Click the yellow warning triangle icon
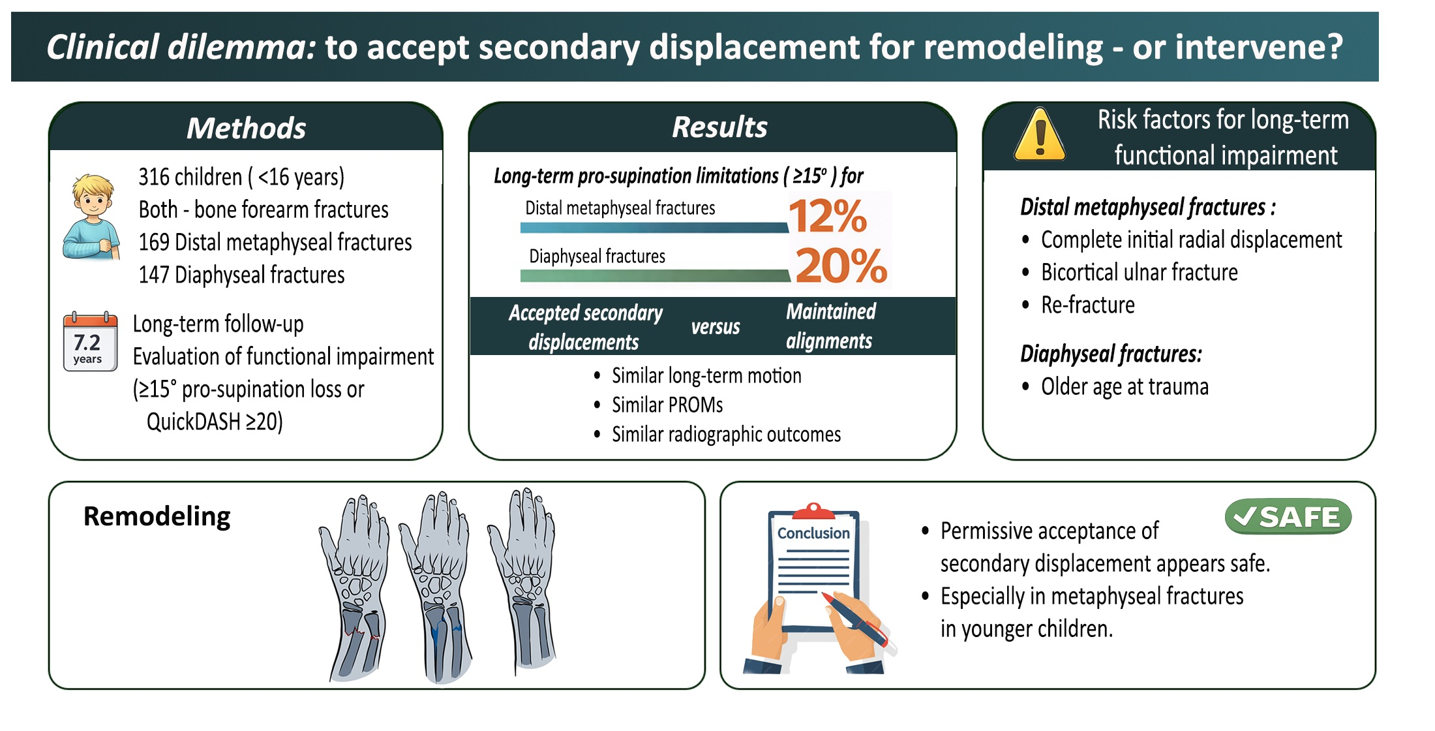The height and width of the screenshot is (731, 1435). pos(1040,136)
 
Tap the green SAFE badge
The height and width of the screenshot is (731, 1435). pos(1288,518)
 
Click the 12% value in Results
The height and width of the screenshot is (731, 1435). pos(828,216)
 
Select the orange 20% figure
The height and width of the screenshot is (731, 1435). pos(841,266)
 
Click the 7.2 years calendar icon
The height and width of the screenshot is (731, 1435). pos(90,343)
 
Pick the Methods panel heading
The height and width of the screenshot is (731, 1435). pos(246,128)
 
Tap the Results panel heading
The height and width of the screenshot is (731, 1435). pos(719,127)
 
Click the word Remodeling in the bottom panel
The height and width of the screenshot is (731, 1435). pos(157,516)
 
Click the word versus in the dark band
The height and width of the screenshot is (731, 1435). pos(716,326)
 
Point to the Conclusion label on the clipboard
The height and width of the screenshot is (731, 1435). pos(813,533)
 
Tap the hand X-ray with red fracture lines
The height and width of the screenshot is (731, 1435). pos(355,587)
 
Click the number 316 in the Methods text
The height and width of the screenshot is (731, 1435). pos(154,177)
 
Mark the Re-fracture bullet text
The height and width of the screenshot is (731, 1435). pos(1087,305)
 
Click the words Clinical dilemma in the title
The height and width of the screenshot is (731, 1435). pos(181,47)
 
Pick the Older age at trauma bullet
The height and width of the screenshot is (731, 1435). pos(1125,387)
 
